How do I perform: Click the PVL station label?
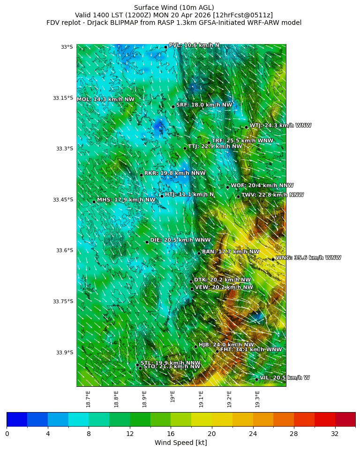point(194,45)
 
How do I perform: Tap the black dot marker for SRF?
point(173,106)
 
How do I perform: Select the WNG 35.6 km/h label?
point(308,258)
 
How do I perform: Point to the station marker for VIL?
point(257,379)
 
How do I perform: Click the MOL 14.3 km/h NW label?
point(105,99)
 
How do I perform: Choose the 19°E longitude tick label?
point(173,396)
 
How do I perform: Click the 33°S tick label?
point(67,47)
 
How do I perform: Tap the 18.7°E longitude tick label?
point(88,399)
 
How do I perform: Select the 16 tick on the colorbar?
point(171,434)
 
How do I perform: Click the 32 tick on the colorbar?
point(335,434)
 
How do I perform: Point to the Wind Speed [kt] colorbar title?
point(180,443)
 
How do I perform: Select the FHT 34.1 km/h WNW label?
point(251,350)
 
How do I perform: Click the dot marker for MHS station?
point(94,202)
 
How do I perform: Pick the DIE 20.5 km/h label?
point(173,240)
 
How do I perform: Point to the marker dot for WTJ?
point(246,127)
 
